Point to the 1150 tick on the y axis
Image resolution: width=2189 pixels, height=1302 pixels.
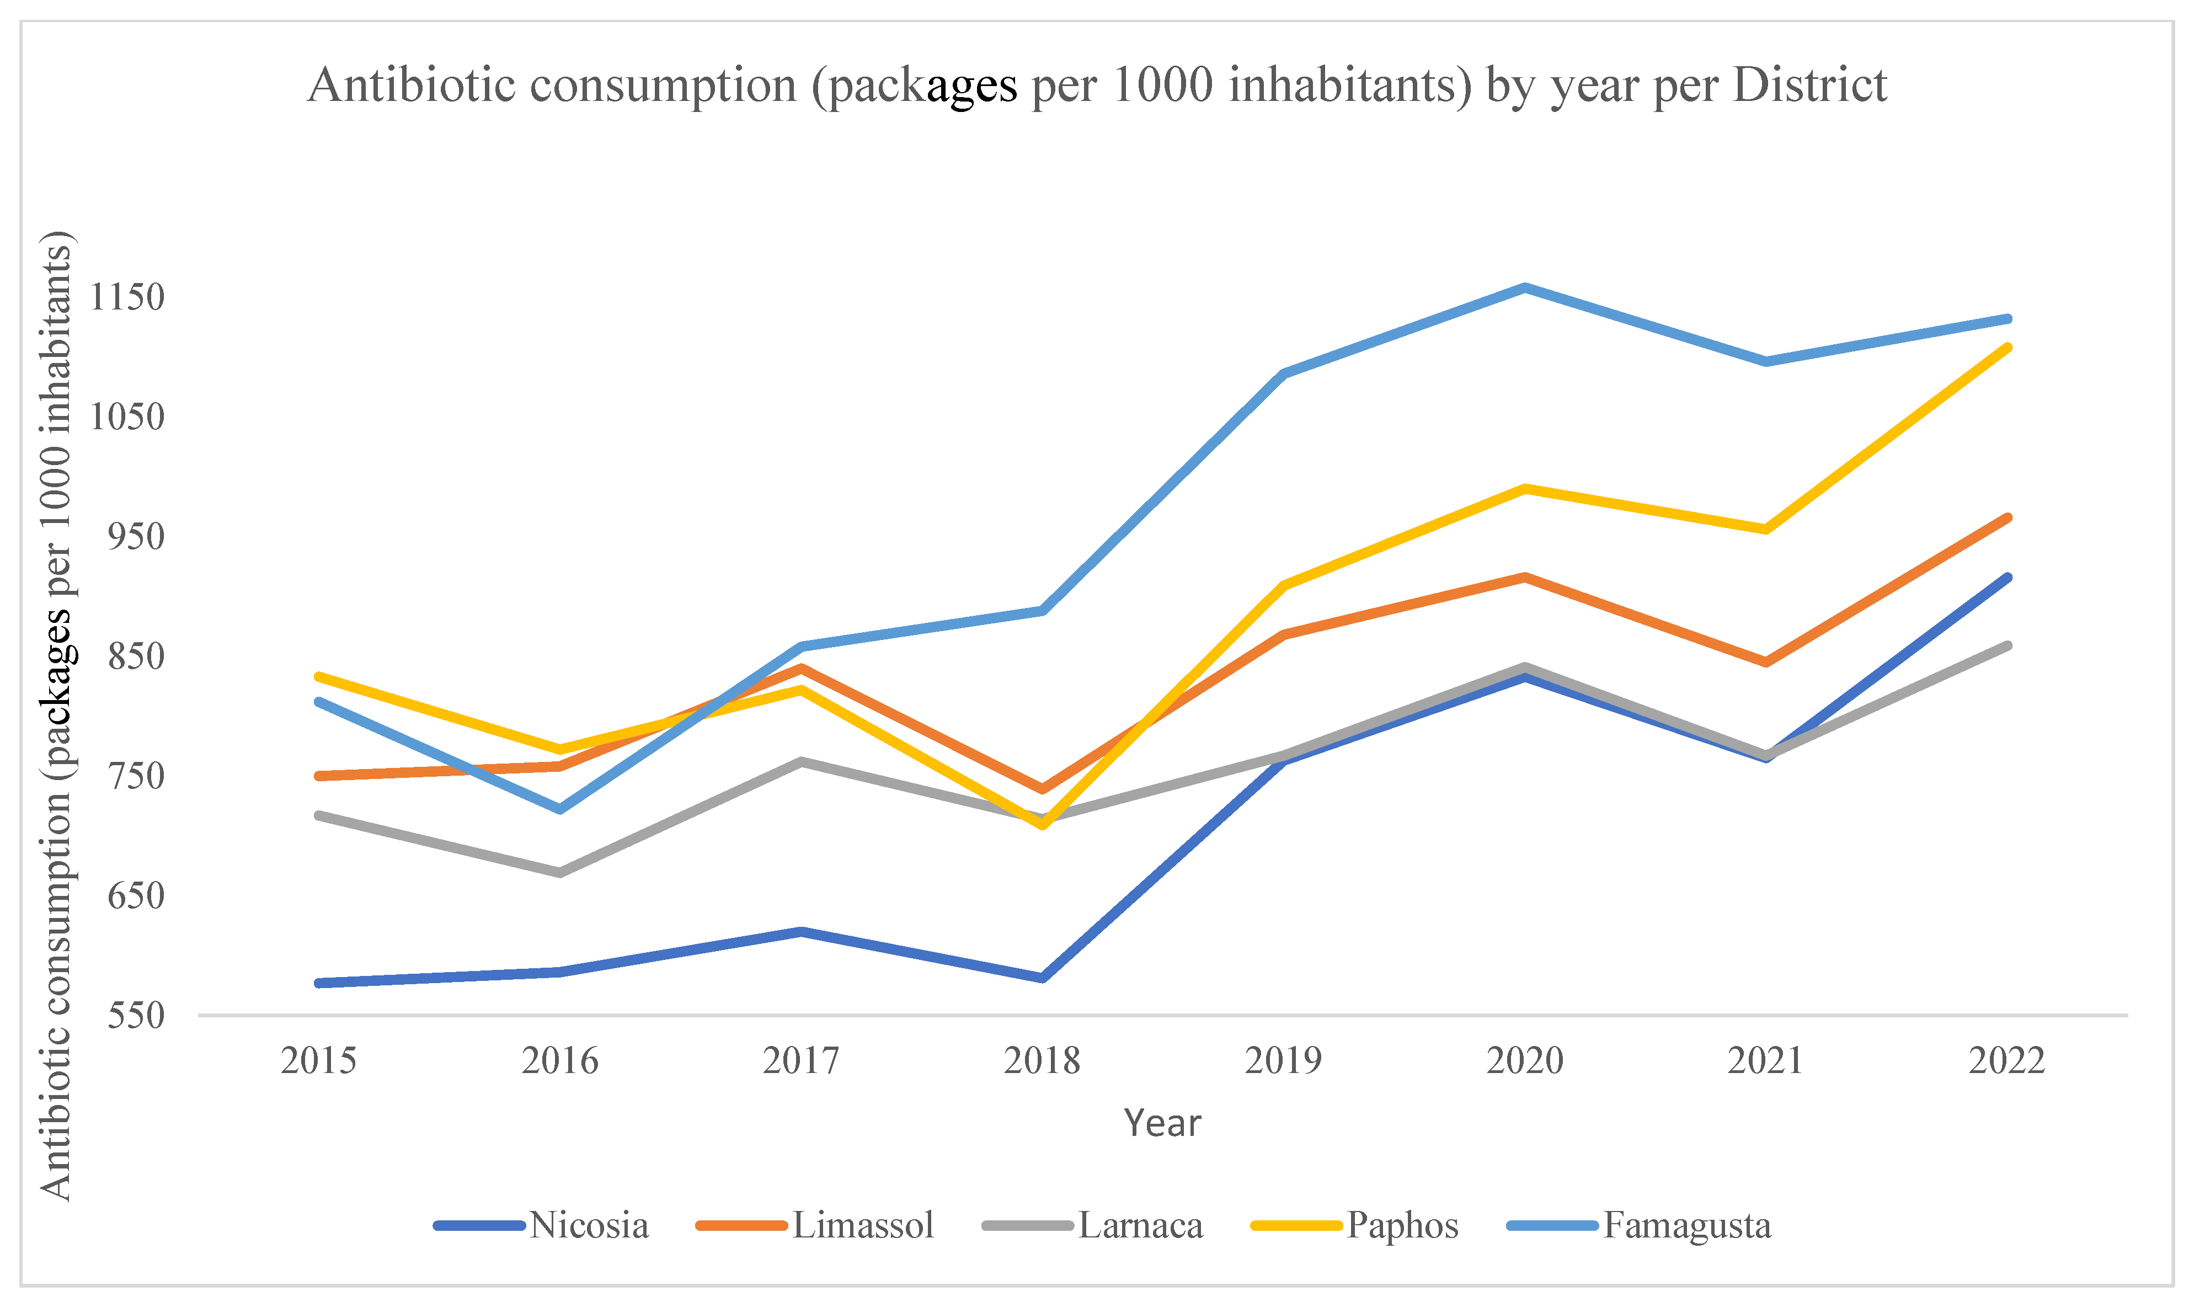coord(127,297)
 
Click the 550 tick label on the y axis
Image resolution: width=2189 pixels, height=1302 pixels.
coord(136,1016)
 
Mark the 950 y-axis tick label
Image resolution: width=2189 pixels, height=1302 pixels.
coord(136,537)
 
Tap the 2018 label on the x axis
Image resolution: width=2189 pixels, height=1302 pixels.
coord(1042,1061)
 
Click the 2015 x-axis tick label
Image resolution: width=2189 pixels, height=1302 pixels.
coord(318,1061)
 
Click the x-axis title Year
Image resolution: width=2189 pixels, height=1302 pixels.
coord(1162,1123)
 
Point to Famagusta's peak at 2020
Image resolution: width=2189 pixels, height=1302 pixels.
coord(1525,287)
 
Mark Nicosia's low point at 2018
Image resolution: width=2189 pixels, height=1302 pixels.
coord(1042,978)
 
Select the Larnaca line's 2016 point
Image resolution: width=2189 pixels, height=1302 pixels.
coord(560,872)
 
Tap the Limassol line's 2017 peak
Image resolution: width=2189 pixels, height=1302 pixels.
coord(801,668)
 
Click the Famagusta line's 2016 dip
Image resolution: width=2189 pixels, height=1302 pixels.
coord(560,808)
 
